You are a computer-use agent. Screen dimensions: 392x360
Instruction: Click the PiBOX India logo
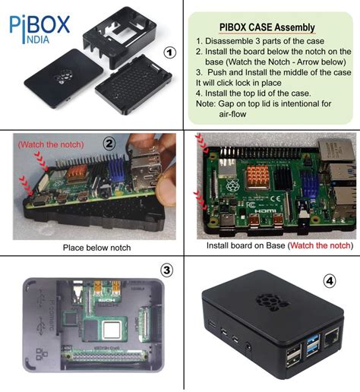[39, 27]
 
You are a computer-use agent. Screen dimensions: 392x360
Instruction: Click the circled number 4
[330, 280]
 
